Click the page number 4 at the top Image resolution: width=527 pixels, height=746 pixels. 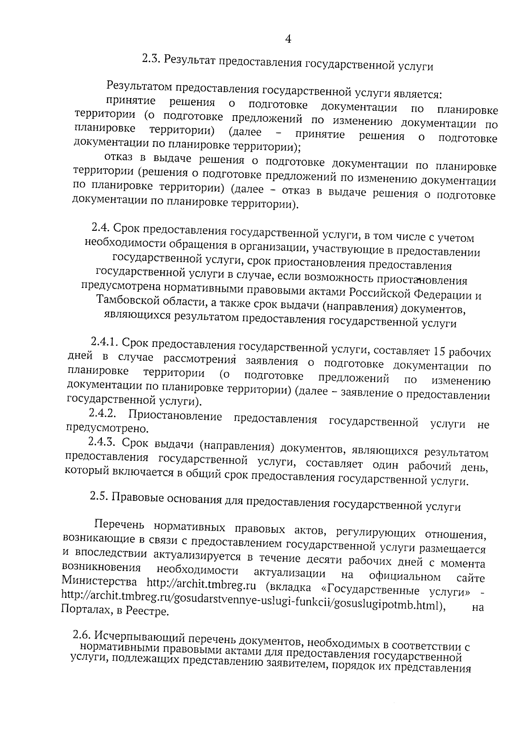pos(288,40)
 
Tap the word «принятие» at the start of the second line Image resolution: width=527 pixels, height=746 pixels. pos(130,101)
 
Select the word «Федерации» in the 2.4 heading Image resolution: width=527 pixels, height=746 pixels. pos(440,295)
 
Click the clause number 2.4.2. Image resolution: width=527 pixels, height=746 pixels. pos(102,413)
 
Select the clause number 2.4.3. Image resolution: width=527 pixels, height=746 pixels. pos(102,442)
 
